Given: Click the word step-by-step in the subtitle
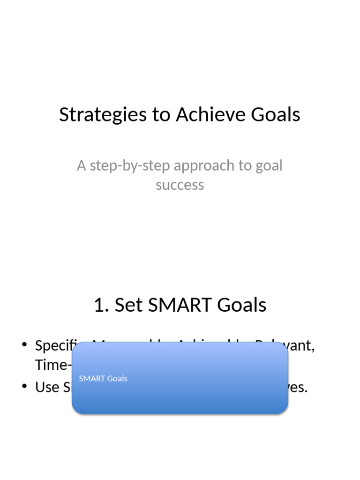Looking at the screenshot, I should [x=129, y=165].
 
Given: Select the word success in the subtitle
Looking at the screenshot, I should [x=180, y=185].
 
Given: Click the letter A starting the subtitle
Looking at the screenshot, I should [x=82, y=165].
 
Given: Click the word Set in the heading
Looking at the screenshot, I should [x=128, y=305].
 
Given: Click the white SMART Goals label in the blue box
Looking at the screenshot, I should [x=103, y=378].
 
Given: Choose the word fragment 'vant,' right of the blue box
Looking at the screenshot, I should [x=301, y=346].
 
